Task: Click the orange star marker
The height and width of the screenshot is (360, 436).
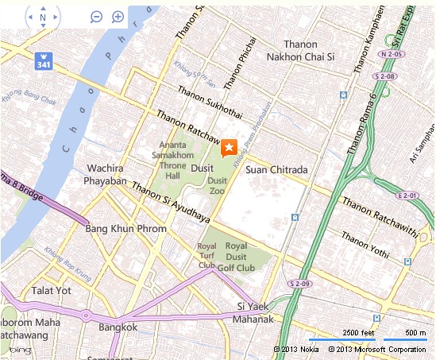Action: [x=229, y=147]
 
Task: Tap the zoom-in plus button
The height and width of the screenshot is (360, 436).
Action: [x=118, y=17]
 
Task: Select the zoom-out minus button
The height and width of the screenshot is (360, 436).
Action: [x=96, y=17]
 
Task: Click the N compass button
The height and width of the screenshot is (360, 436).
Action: [x=43, y=17]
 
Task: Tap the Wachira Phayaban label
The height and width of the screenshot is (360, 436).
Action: [x=107, y=175]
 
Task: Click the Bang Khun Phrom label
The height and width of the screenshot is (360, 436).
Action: [x=125, y=229]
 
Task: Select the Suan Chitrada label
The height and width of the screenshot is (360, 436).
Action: [x=276, y=169]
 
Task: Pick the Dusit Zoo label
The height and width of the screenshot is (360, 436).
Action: [x=218, y=185]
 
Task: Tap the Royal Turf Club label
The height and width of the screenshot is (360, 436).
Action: [x=206, y=256]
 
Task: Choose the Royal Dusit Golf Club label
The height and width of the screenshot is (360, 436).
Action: [x=240, y=257]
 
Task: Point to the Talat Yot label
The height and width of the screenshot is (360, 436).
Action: [x=51, y=291]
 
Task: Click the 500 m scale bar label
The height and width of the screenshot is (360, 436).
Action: [x=415, y=331]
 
